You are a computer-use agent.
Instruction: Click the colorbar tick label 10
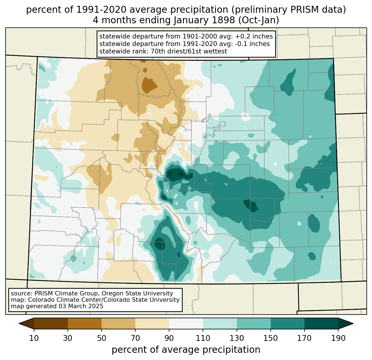(34, 338)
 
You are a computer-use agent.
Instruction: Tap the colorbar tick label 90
(169, 338)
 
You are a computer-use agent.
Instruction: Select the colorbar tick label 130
(237, 338)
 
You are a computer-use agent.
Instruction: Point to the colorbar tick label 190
(338, 338)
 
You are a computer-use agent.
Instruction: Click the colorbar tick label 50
(102, 338)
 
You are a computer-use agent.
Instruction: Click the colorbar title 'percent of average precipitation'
(186, 350)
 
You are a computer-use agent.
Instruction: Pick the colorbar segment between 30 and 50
(84, 324)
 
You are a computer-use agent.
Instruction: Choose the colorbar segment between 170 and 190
(321, 324)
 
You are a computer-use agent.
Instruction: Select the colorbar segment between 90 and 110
(186, 324)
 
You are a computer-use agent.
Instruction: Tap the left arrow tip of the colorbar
(19, 324)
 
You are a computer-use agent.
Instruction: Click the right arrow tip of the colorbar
(353, 324)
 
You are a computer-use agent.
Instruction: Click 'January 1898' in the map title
(204, 20)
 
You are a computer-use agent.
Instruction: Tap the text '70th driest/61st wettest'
(189, 51)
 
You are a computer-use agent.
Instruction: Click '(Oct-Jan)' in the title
(259, 20)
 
